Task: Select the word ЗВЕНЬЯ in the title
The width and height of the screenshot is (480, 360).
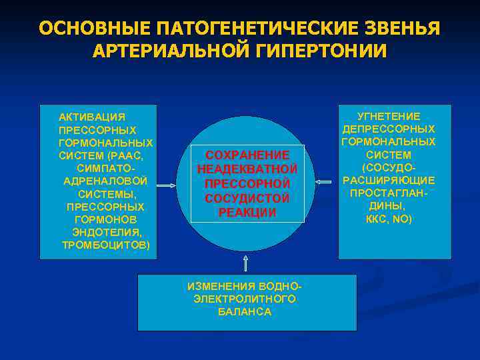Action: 403,29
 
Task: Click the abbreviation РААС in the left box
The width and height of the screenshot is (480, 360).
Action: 127,155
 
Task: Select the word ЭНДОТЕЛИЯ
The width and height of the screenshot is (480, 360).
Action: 107,232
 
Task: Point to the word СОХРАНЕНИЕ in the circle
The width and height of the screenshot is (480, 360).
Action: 247,155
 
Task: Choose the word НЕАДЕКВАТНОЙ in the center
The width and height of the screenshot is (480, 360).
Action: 247,169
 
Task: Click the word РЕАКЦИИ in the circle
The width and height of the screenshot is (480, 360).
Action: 247,213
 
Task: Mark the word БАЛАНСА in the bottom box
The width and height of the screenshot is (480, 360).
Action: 245,312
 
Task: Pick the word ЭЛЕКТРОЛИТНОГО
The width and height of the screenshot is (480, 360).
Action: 245,299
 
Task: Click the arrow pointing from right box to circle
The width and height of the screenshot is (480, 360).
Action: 325,182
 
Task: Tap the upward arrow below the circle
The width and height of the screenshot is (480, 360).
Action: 246,261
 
